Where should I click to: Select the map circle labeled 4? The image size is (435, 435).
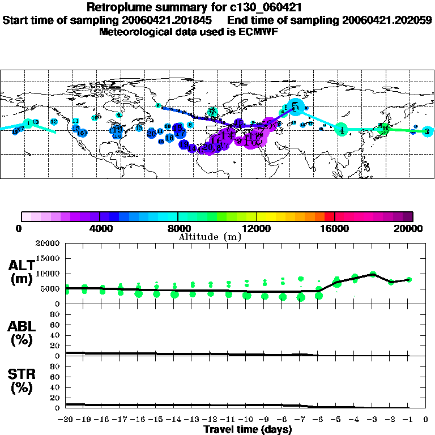[341, 130]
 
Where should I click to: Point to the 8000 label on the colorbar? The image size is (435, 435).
[178, 228]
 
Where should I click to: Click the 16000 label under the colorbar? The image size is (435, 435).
[335, 228]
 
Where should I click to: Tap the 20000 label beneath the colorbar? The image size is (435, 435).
[412, 228]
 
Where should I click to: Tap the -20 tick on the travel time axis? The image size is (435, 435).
[66, 420]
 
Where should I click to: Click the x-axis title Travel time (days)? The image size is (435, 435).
[247, 429]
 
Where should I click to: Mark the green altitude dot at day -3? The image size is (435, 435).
[373, 274]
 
